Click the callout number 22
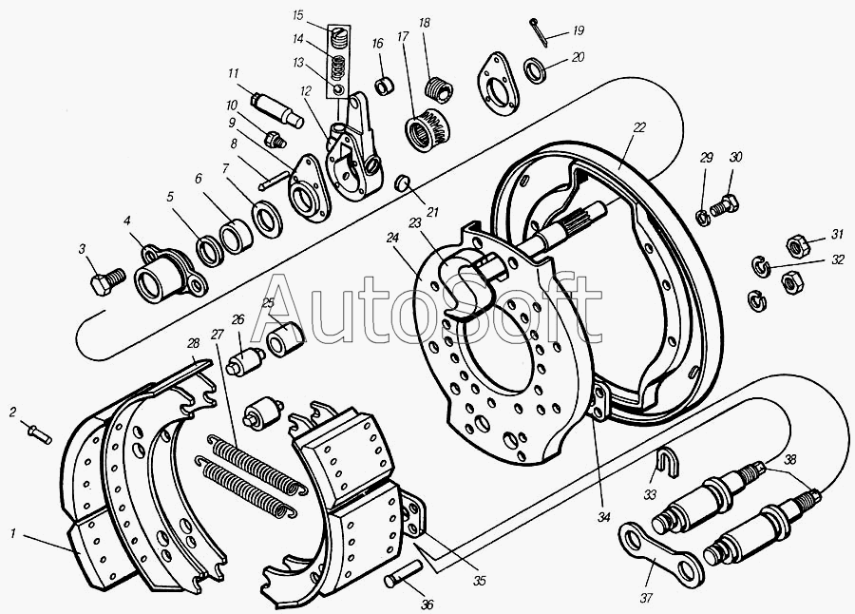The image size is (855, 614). (x=639, y=127)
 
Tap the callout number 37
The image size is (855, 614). (x=646, y=598)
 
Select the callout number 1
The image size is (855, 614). (x=13, y=533)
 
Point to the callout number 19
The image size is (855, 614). (x=579, y=30)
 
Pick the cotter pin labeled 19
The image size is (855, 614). (x=536, y=29)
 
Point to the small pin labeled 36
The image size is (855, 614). (x=403, y=574)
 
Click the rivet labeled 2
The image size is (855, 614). (x=39, y=432)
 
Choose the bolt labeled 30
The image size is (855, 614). (x=724, y=206)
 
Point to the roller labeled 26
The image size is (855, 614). (x=245, y=362)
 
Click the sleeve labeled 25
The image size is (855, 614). (x=285, y=339)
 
